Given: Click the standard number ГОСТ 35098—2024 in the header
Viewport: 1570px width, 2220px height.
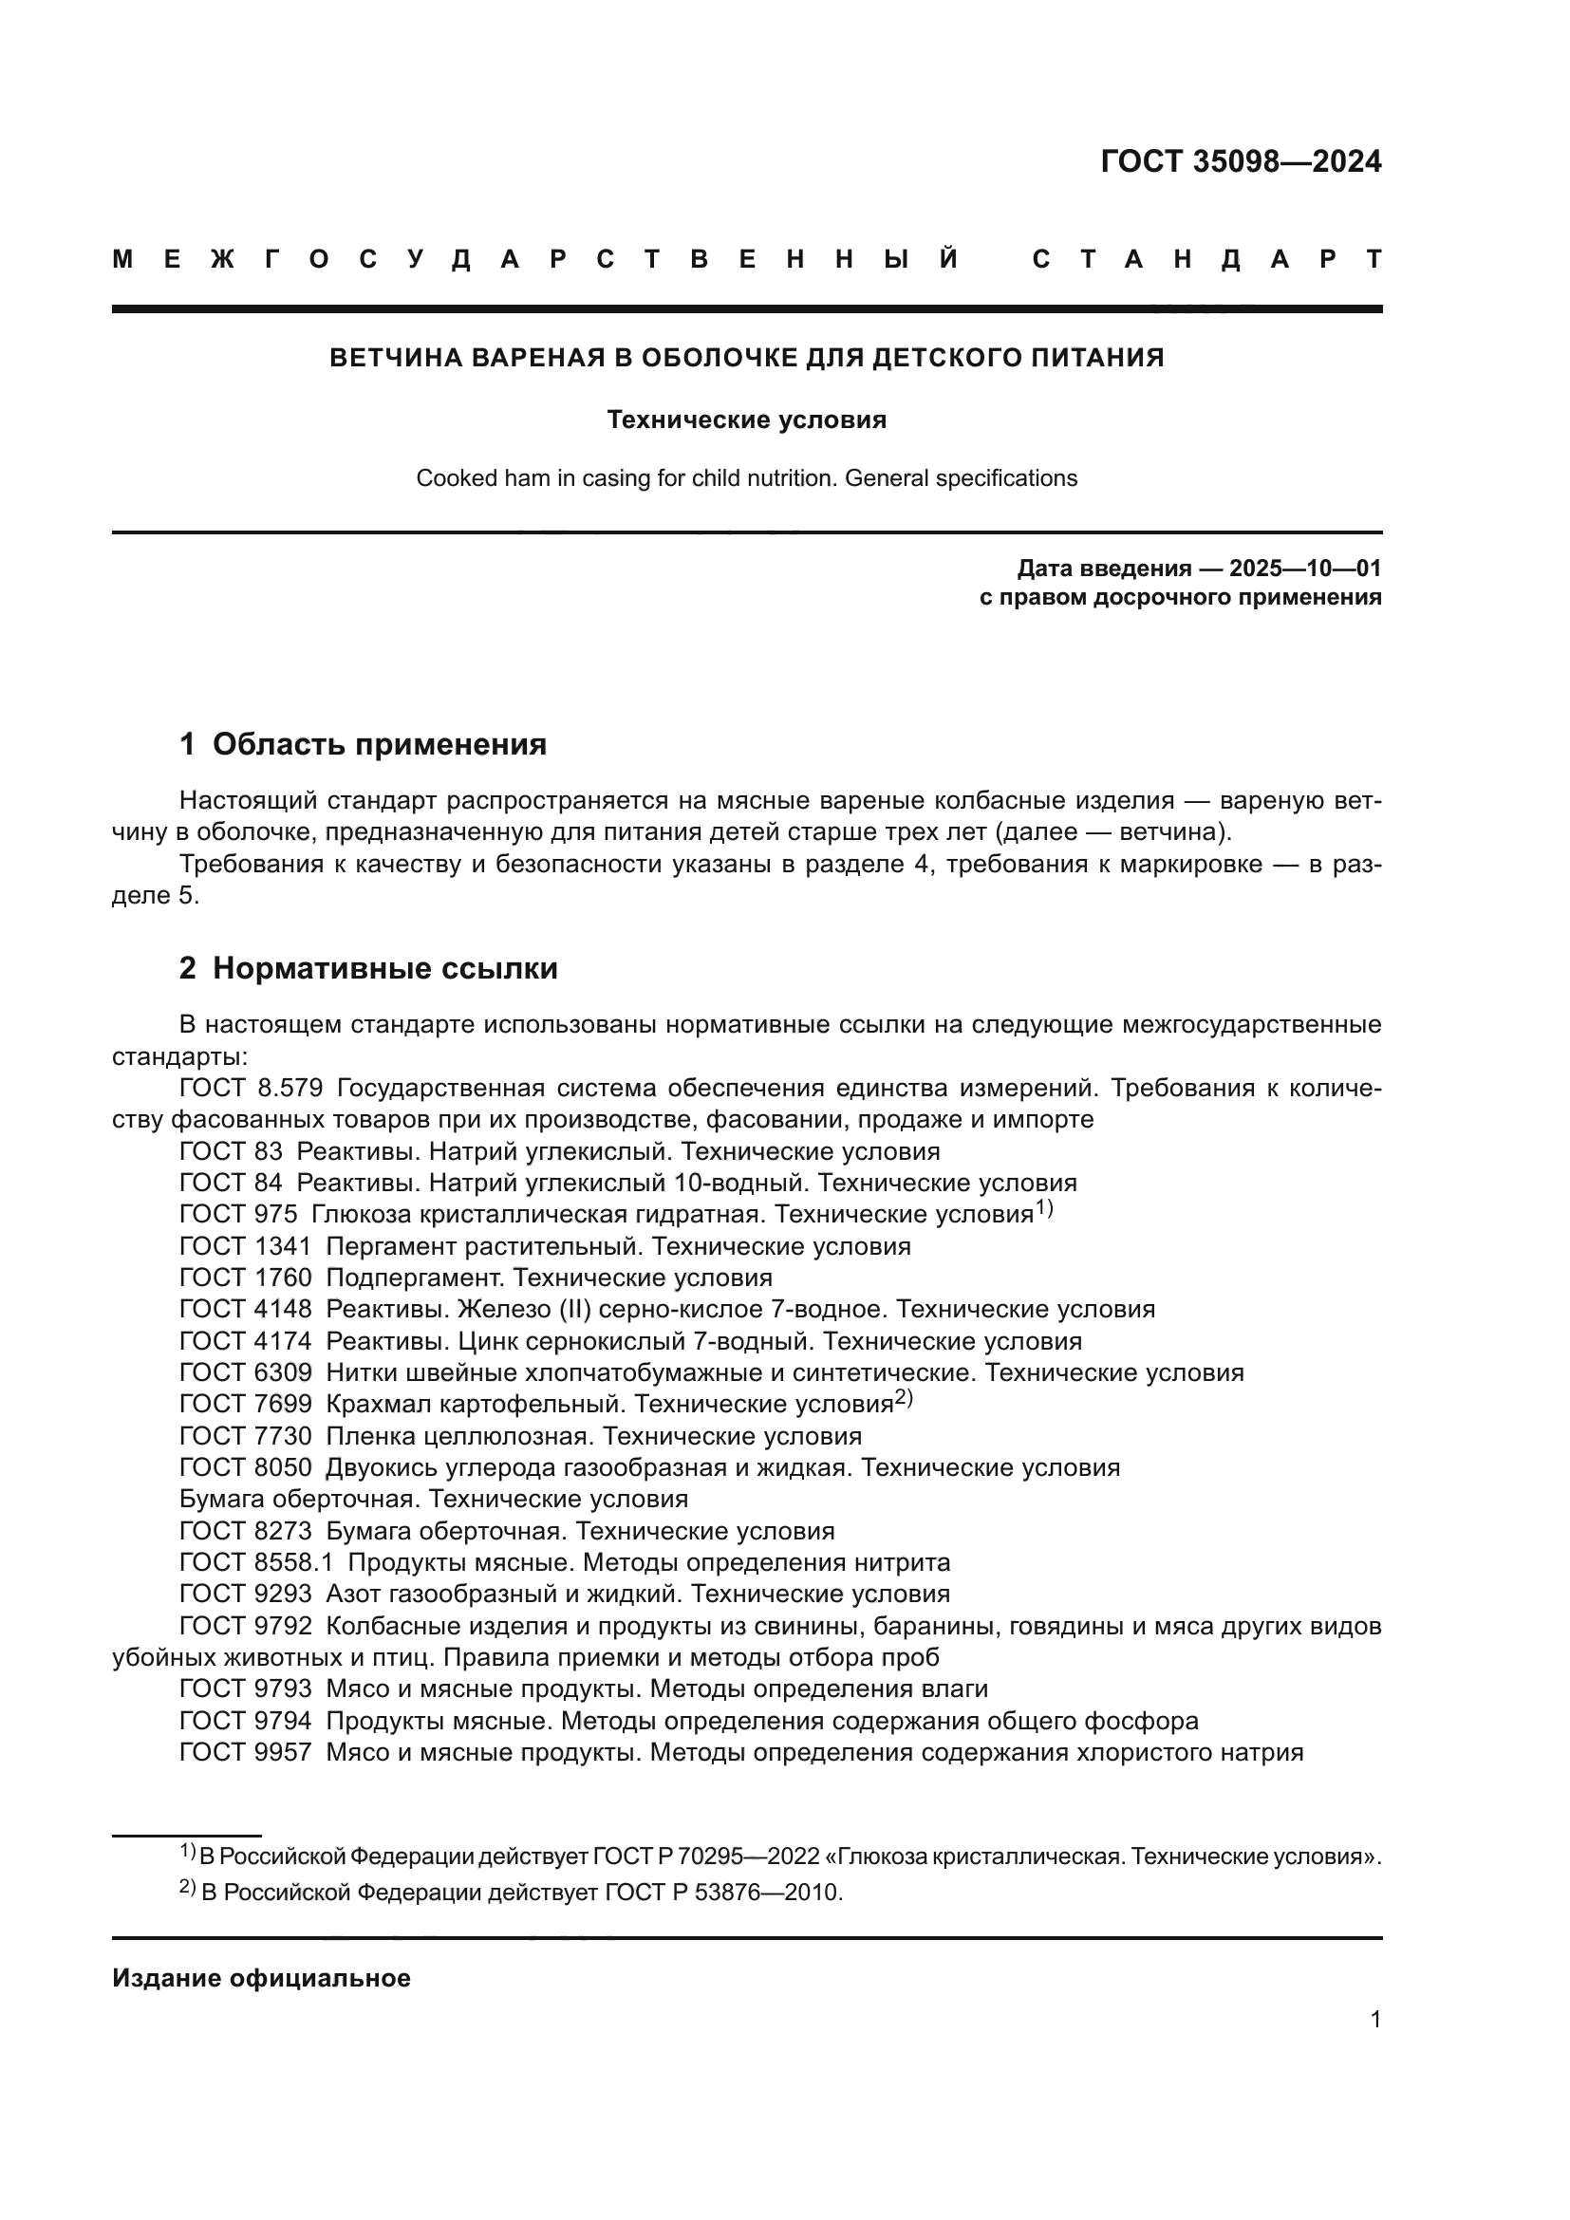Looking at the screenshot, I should coord(1241,161).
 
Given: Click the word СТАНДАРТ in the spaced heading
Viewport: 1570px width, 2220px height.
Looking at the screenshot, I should coord(1206,260).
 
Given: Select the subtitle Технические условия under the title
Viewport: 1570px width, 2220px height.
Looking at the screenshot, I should coord(746,420).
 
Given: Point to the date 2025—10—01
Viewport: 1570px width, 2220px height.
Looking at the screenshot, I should coord(1305,568).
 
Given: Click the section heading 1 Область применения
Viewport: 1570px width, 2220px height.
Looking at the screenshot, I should coord(363,743).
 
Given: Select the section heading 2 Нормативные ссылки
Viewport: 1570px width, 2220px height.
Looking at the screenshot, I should coord(368,968).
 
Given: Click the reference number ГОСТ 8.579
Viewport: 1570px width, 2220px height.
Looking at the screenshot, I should coord(251,1088).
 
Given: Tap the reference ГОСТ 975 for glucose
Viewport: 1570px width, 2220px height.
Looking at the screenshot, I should coord(238,1215).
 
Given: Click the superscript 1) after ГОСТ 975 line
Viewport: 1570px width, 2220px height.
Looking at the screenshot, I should coord(1044,1207).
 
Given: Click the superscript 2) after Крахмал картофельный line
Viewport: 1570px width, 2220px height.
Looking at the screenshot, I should coord(904,1397).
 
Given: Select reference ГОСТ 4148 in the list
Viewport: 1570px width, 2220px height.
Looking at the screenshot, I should coord(246,1309).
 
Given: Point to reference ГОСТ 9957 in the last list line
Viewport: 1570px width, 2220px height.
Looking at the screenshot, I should coord(246,1752).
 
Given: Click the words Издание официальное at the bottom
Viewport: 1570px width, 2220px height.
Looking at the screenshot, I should coord(261,1978).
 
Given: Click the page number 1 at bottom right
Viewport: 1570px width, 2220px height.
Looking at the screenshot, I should coord(1374,2019).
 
